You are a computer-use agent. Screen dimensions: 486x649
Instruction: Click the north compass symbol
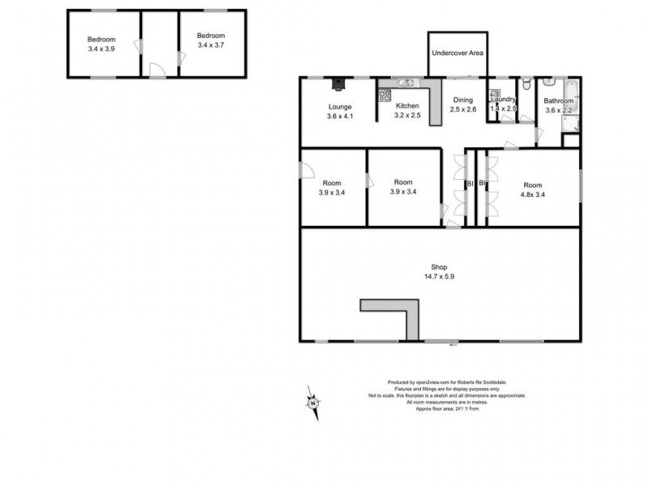pyautogui.click(x=312, y=400)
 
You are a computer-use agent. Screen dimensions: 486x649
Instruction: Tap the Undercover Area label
pyautogui.click(x=458, y=53)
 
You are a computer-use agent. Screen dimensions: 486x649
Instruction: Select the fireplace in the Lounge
pyautogui.click(x=337, y=81)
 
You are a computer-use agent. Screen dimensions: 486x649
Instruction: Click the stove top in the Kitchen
pyautogui.click(x=385, y=96)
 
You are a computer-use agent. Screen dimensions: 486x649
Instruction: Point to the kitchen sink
pyautogui.click(x=406, y=82)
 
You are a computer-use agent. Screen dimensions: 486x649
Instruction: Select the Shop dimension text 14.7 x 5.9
pyautogui.click(x=441, y=277)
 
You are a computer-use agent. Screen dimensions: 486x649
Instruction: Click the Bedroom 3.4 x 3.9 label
pyautogui.click(x=101, y=49)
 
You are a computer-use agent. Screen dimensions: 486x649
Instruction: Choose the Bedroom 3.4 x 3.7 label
pyautogui.click(x=210, y=45)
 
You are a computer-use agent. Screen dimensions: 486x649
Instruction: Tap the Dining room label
pyautogui.click(x=462, y=100)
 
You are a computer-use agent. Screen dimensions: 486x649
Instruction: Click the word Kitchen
pyautogui.click(x=406, y=106)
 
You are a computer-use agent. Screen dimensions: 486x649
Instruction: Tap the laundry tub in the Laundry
pyautogui.click(x=494, y=92)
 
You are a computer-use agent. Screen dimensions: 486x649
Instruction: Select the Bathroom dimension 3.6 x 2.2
pyautogui.click(x=559, y=110)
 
